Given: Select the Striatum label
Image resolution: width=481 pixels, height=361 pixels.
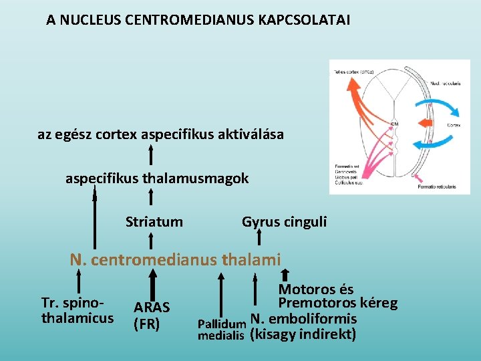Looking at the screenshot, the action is coord(154,221).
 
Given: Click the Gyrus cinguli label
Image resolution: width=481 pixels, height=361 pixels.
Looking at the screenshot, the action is coord(285,221).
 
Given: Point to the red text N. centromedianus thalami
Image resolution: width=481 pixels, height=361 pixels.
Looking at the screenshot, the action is coord(176,259).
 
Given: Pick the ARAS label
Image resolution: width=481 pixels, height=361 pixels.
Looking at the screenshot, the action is coord(152,308).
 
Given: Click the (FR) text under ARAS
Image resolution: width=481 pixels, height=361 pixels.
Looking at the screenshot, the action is coord(147,325).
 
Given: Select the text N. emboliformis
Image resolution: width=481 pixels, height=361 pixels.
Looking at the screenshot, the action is coord(303,318).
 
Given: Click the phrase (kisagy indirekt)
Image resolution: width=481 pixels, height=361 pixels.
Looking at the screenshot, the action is coord(303,334).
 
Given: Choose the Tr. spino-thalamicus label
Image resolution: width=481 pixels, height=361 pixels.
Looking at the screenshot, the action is coord(77,310).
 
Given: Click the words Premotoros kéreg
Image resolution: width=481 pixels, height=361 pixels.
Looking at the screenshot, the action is coord(337,304).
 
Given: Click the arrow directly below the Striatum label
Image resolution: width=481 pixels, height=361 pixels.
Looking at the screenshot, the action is coord(152,239).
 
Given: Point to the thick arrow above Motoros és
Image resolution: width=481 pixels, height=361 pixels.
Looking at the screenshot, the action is coord(285,274).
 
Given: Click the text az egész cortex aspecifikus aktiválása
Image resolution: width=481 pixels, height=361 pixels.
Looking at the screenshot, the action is coord(160,134).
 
